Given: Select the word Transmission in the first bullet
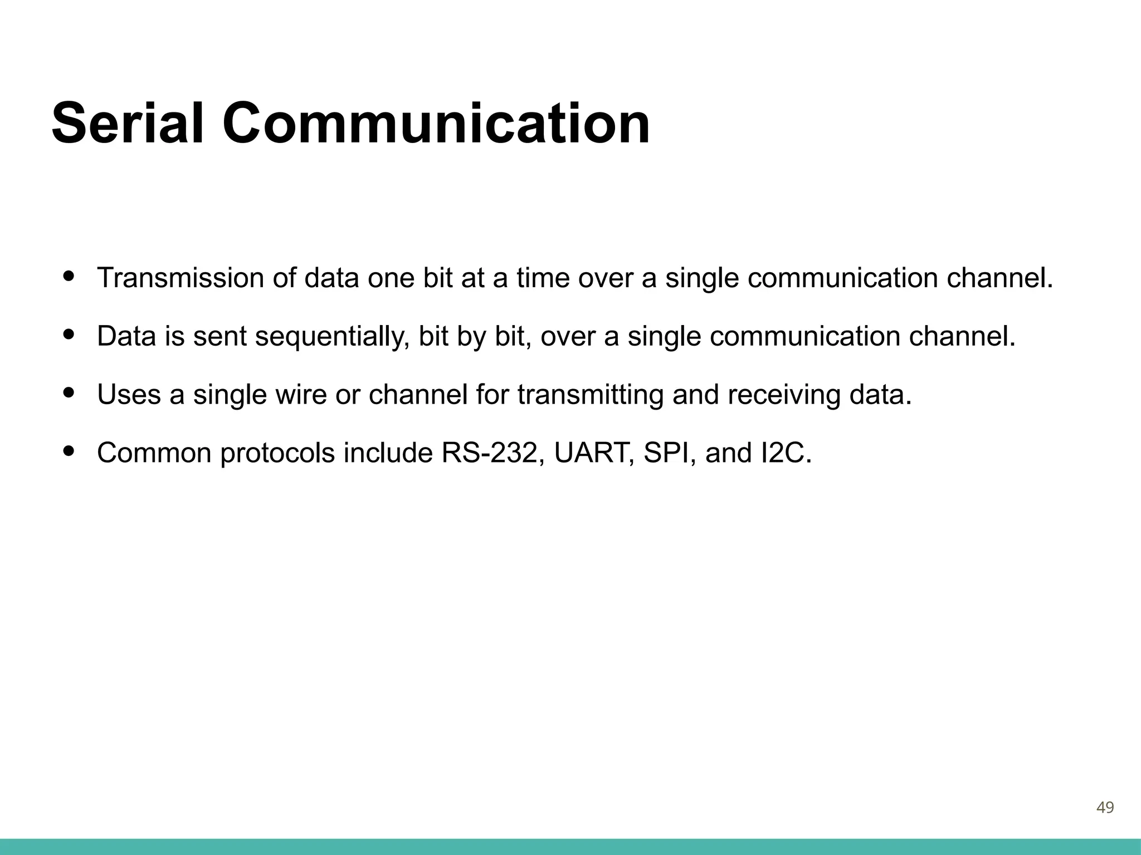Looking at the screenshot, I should (x=180, y=278).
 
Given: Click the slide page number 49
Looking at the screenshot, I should (x=1105, y=807).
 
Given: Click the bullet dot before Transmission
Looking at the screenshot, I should (x=69, y=276).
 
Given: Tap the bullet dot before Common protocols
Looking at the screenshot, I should (x=69, y=451).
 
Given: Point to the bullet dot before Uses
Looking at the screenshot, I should (x=69, y=392).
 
